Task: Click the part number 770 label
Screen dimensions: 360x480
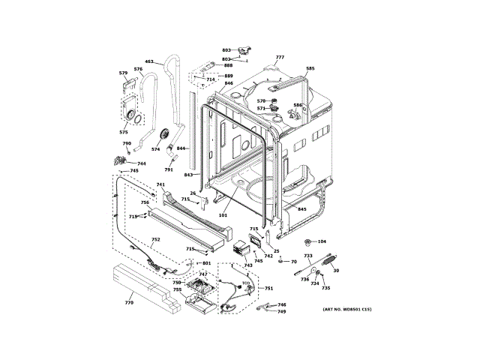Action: [129, 302]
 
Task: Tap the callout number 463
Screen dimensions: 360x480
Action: [148, 61]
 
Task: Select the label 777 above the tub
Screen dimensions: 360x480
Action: [280, 58]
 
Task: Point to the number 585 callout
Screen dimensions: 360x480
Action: [310, 68]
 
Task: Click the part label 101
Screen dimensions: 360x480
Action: [223, 214]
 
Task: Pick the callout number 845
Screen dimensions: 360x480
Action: [302, 209]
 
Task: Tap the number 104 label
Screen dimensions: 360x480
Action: [322, 241]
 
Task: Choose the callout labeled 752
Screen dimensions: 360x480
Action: [155, 241]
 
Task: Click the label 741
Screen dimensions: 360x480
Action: [160, 184]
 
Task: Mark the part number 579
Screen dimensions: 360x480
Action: [123, 73]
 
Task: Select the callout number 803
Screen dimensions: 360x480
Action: [226, 50]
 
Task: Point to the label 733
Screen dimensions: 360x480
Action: [307, 256]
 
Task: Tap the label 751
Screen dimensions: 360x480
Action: [268, 289]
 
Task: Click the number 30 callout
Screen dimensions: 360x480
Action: [336, 271]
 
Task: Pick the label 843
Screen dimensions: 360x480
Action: [188, 175]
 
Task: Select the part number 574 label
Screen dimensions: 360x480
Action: [155, 149]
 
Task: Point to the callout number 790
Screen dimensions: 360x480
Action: [127, 143]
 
